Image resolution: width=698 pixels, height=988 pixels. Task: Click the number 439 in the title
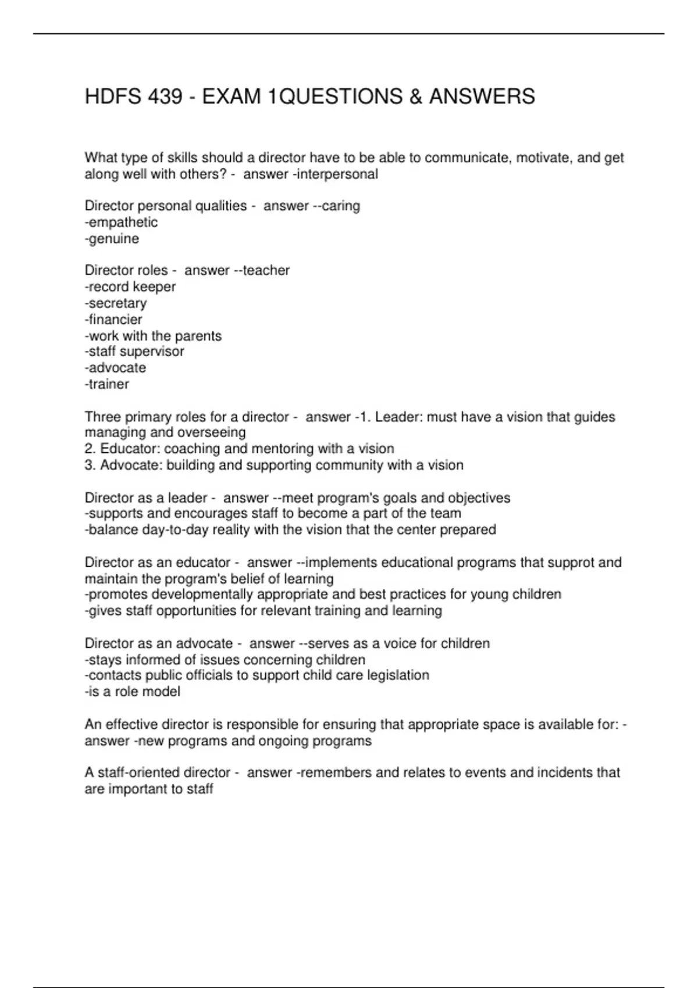pyautogui.click(x=165, y=96)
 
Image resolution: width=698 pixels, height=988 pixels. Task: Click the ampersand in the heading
pyautogui.click(x=415, y=96)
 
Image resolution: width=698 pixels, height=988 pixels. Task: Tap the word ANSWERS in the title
pyautogui.click(x=482, y=96)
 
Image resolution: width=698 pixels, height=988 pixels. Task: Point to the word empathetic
pyautogui.click(x=122, y=223)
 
